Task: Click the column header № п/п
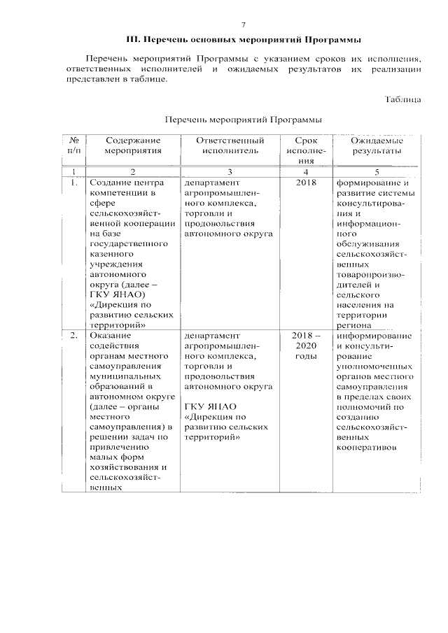(x=73, y=145)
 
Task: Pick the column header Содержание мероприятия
(x=133, y=145)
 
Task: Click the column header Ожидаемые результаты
(x=377, y=145)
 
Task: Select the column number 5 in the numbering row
(x=377, y=171)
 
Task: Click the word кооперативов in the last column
(x=367, y=448)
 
